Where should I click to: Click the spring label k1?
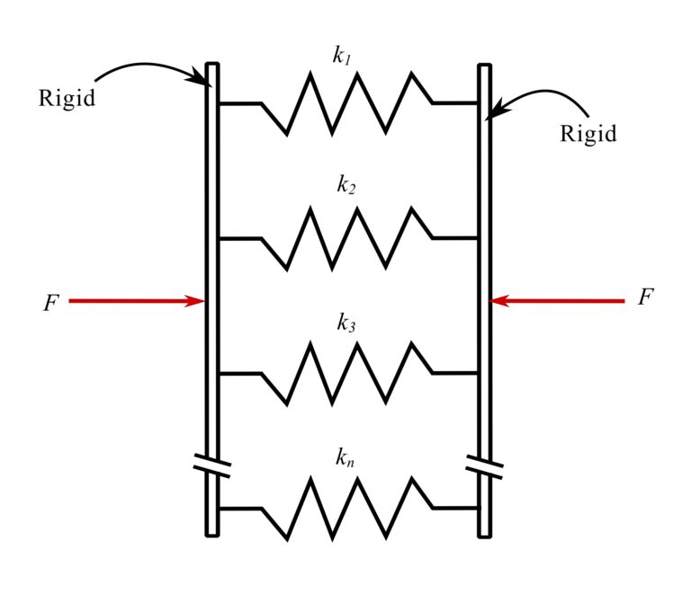coord(342,56)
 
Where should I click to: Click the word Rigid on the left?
coord(66,98)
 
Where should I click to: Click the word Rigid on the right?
coord(588,134)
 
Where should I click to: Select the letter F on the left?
coord(50,303)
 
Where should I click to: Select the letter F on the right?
coord(644,298)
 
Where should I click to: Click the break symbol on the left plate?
coord(212,465)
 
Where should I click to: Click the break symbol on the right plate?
coord(485,465)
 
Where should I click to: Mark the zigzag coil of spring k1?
coord(346,103)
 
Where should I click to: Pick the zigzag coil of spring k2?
coord(346,238)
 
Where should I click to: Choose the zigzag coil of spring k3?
coord(346,373)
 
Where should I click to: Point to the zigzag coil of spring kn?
coord(346,509)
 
